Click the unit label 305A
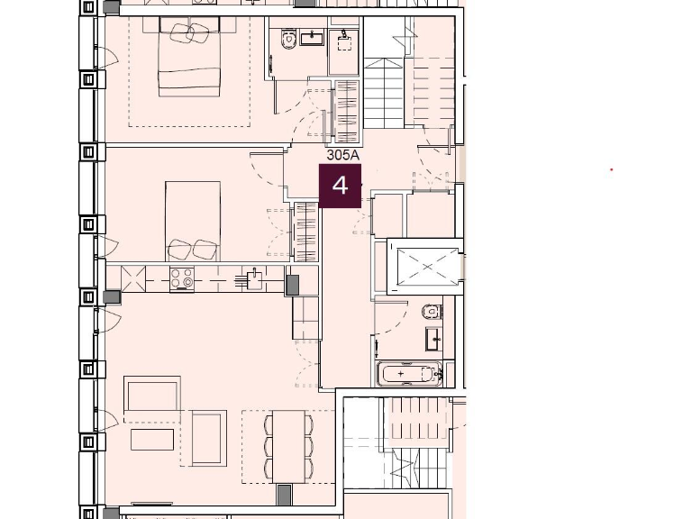tap(342, 155)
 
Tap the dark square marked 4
tap(340, 186)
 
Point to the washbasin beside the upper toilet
tap(312, 38)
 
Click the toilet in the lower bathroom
tap(432, 313)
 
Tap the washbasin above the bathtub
tap(433, 340)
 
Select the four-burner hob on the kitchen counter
tap(182, 279)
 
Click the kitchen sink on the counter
tap(254, 279)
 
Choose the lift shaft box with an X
tap(423, 267)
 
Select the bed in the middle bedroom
tap(193, 222)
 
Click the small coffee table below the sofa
tap(152, 440)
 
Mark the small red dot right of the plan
tap(612, 169)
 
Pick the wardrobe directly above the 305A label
tap(347, 111)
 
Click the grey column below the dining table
tap(284, 495)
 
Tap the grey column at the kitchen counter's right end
tap(292, 285)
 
